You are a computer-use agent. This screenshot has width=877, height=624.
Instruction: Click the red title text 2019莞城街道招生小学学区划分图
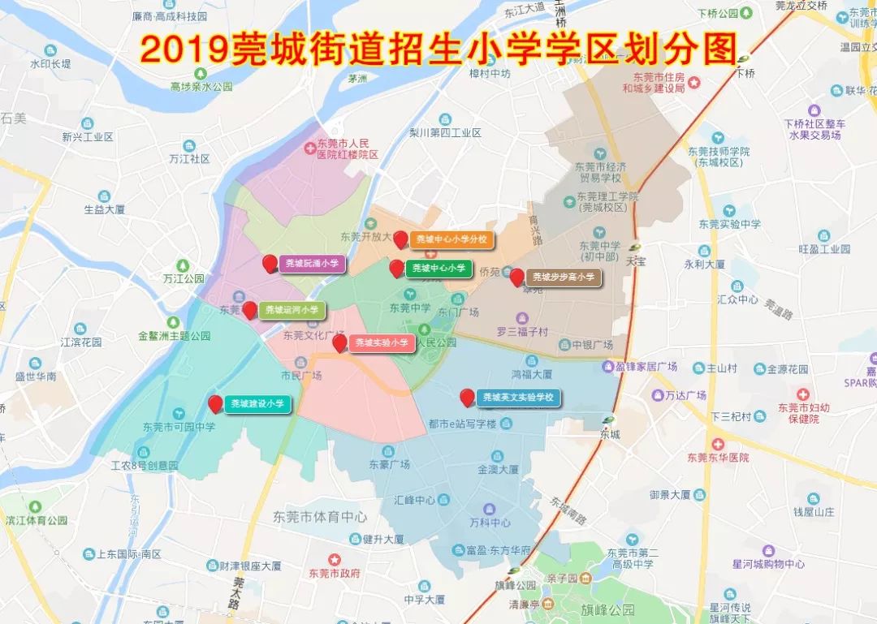click(438, 49)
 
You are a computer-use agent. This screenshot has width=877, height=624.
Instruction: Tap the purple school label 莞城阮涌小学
click(313, 264)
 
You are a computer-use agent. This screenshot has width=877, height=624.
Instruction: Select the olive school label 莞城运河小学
click(292, 310)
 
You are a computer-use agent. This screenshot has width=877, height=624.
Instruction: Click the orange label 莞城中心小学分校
click(451, 239)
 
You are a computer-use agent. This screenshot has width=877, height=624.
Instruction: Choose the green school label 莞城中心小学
click(438, 268)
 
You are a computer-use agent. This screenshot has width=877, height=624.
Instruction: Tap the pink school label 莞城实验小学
click(381, 343)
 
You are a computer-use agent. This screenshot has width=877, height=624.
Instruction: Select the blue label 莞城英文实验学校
click(517, 398)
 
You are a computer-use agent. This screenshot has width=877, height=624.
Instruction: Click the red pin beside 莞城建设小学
click(215, 403)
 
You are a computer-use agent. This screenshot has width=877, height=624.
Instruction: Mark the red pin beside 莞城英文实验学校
click(467, 397)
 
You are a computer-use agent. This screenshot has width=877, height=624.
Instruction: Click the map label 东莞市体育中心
click(320, 517)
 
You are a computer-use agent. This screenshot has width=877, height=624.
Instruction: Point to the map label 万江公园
click(183, 278)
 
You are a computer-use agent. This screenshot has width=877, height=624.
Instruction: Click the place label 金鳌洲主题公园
click(174, 335)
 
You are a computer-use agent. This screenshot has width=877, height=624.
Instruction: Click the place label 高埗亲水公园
click(201, 86)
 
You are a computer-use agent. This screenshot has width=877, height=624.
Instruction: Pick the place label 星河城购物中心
click(756, 564)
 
